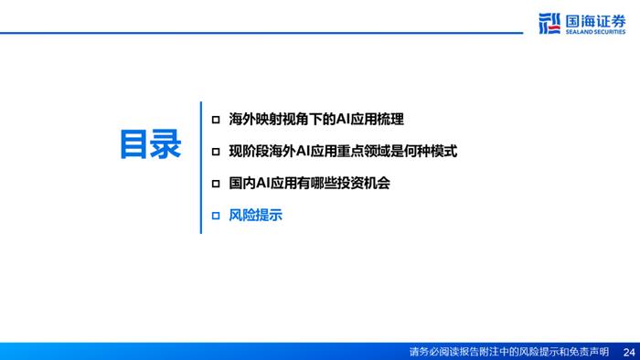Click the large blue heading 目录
click(151, 145)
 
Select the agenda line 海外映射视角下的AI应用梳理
click(316, 119)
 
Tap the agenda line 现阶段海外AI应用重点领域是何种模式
click(343, 151)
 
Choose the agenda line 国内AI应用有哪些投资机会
click(310, 183)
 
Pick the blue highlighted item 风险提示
click(255, 216)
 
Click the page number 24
click(627, 352)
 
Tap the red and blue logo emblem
click(549, 23)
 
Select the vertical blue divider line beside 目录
click(200, 167)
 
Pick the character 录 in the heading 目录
click(166, 145)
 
